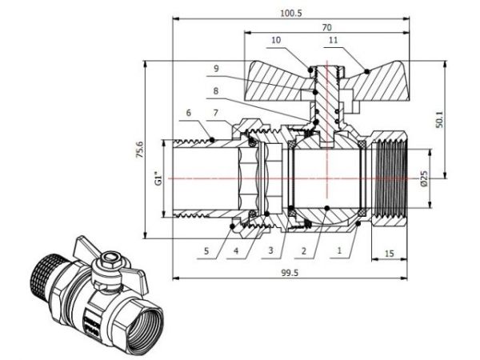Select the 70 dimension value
click(328, 26)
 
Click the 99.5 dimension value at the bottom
click(303, 272)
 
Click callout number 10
click(276, 39)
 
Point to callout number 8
click(216, 90)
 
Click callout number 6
click(189, 113)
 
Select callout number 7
click(216, 113)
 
